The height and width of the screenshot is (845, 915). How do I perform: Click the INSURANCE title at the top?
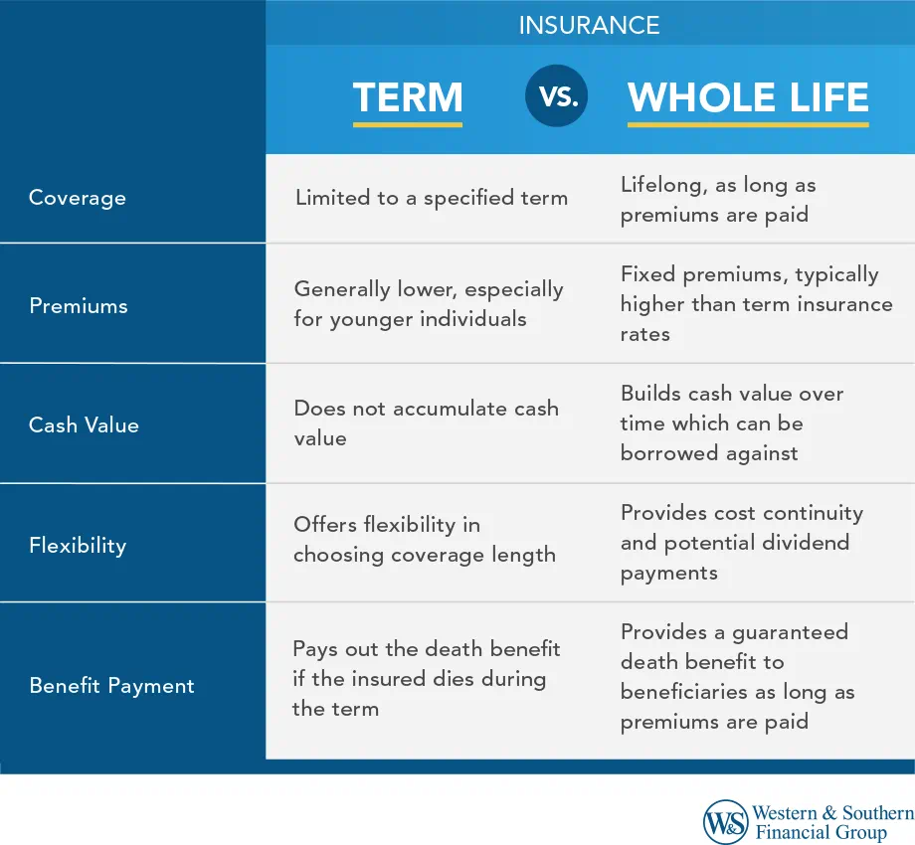tap(589, 25)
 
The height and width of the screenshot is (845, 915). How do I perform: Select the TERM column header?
tap(408, 97)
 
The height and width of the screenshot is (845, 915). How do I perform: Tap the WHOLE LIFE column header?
tap(748, 97)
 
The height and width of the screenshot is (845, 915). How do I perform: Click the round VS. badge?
tap(556, 96)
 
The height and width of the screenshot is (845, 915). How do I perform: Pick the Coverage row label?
tap(78, 197)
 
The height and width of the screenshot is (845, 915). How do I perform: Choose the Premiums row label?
tap(79, 305)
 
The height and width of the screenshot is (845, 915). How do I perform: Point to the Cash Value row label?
tap(84, 424)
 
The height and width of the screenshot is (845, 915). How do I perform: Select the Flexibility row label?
tap(78, 545)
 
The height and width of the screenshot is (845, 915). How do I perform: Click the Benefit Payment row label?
tap(111, 686)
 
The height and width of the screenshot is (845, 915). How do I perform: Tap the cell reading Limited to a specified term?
tap(431, 197)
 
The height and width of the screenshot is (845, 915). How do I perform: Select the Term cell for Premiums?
tap(428, 304)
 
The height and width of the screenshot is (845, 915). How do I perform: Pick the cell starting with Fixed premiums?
tap(756, 304)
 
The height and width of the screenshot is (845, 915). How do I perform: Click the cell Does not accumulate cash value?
tap(426, 422)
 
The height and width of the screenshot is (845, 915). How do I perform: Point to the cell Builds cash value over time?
tap(731, 423)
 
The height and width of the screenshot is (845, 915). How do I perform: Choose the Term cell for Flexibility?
tap(424, 539)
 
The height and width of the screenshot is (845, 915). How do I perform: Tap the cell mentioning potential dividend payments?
tap(741, 543)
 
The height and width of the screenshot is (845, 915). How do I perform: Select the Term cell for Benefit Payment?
tap(426, 679)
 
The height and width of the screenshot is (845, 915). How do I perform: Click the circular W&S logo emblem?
tap(726, 822)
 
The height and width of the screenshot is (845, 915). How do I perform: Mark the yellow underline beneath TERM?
tap(408, 124)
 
